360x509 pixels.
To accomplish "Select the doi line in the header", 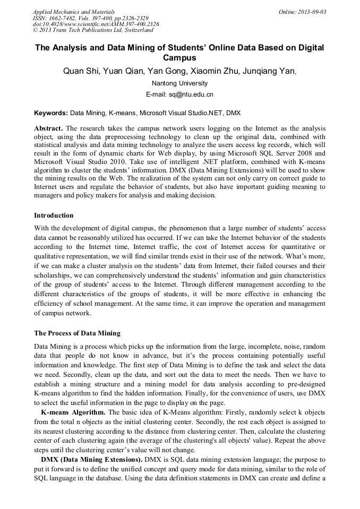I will (96, 24).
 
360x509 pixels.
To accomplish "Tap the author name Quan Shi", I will (81, 71).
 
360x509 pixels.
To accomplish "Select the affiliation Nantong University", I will (179, 83).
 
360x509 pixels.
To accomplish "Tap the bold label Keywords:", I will (51, 113).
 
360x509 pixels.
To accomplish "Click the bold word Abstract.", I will (48, 128).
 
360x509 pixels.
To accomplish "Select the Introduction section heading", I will (54, 215).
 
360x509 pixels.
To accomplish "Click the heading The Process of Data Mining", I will (77, 333).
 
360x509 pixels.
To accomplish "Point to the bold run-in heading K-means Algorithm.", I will (73, 412).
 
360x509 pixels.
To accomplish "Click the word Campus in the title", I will (179, 58).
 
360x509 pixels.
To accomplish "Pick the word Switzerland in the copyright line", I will (135, 31).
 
